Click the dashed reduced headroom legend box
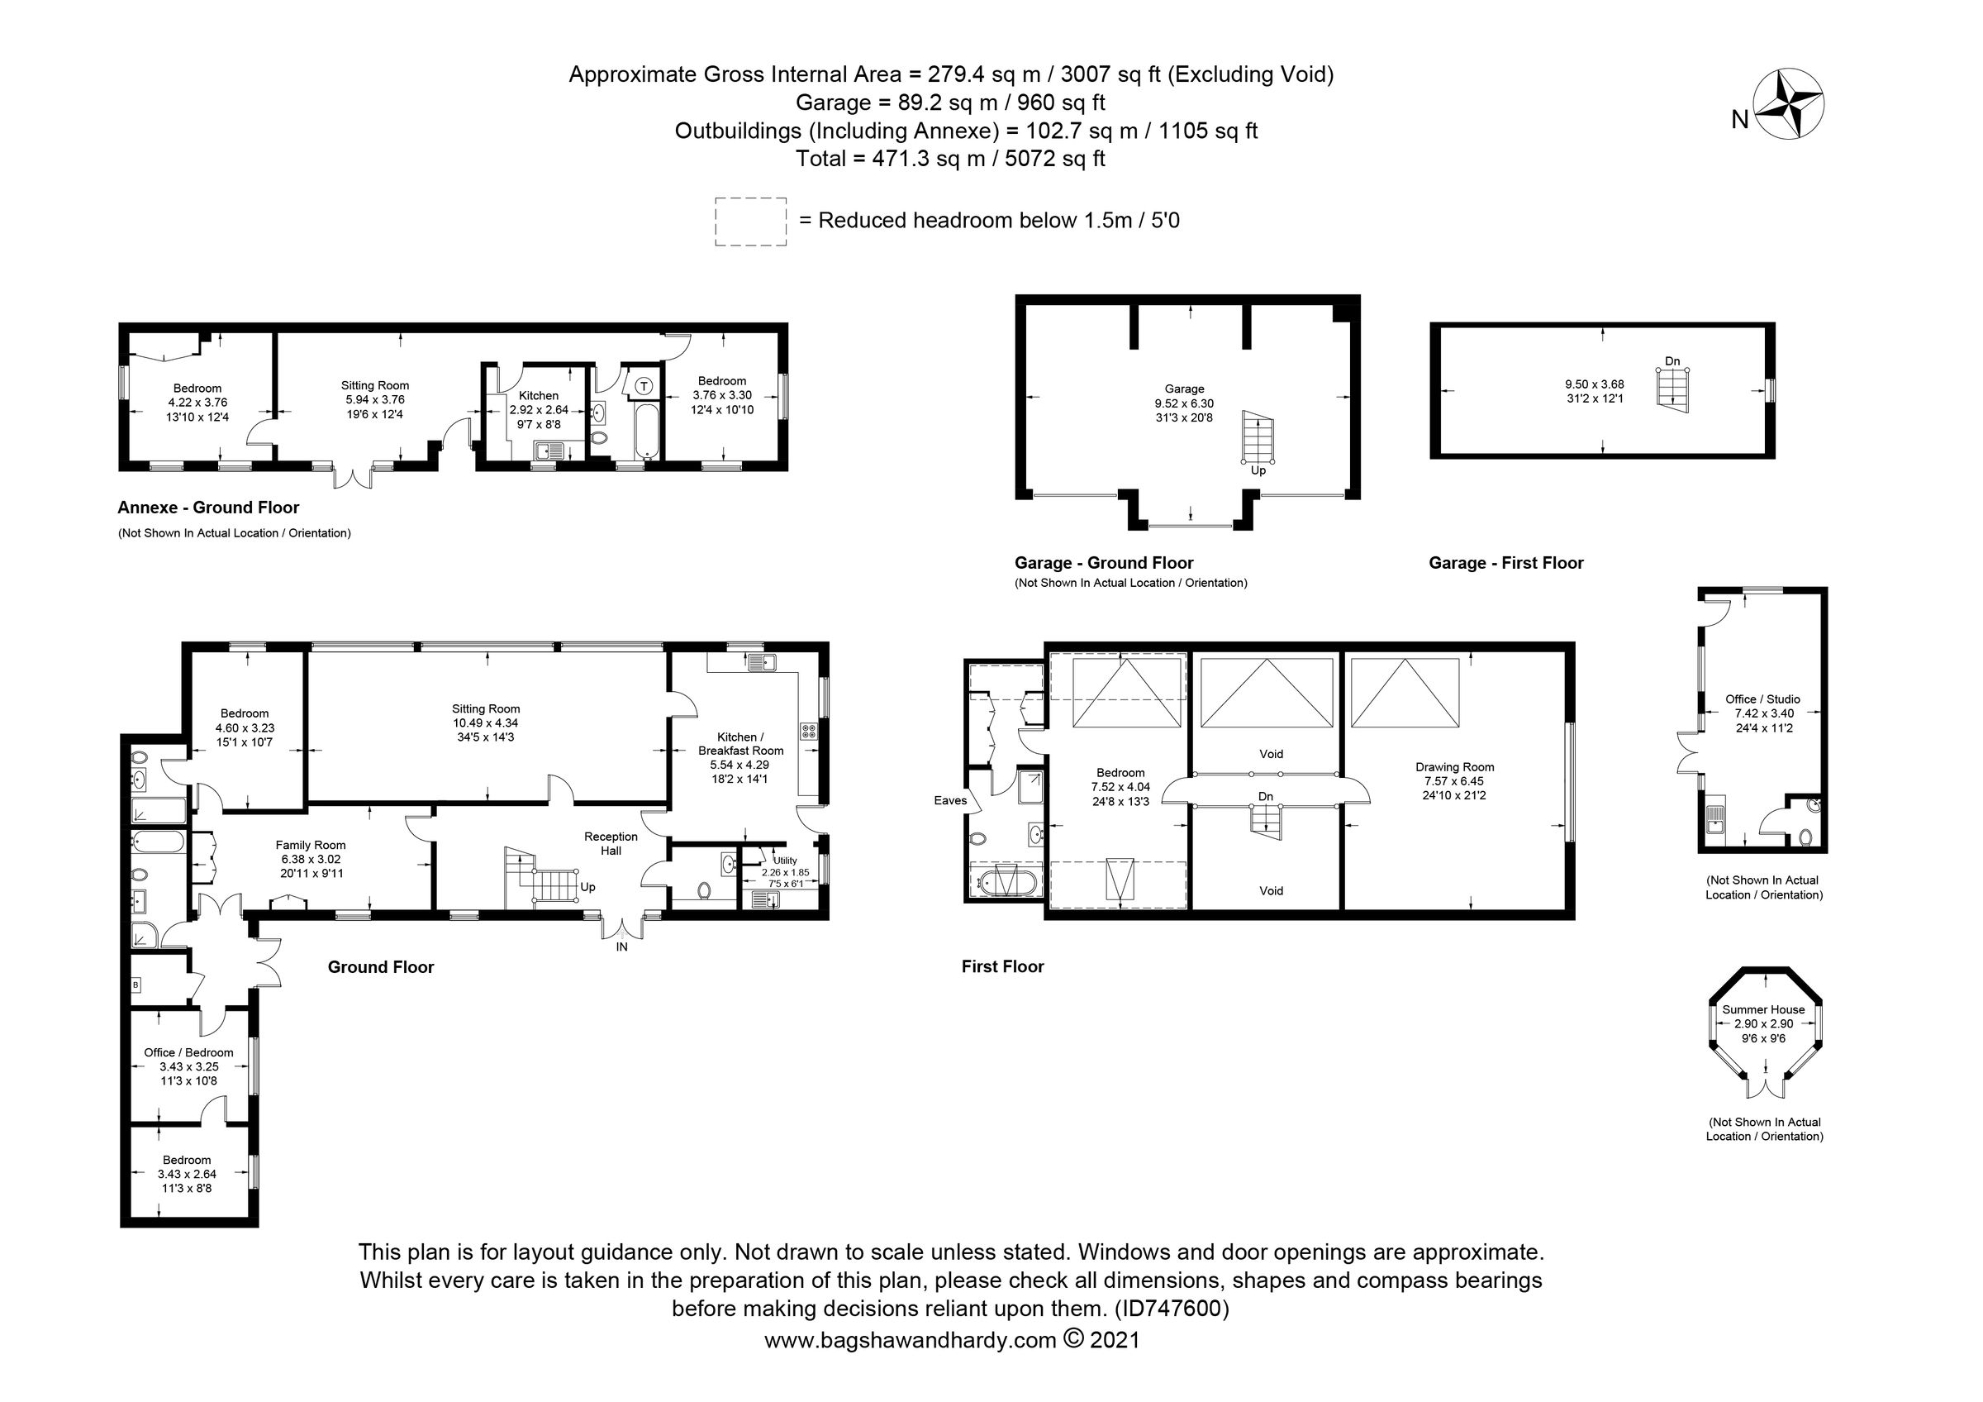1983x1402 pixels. pos(749,222)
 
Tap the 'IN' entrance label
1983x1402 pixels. pos(621,947)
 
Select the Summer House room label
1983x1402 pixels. pos(1762,1009)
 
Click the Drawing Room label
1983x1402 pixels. pos(1454,767)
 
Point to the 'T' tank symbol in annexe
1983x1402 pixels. pos(644,385)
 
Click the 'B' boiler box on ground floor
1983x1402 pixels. pos(136,984)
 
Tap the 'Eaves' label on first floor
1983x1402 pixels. pos(950,801)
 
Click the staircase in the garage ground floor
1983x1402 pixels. pos(1257,437)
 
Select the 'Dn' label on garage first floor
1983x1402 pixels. pos(1672,361)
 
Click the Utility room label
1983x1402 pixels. pos(784,861)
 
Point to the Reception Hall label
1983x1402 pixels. pos(611,843)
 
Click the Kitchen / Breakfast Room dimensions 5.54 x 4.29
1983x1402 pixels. pos(739,765)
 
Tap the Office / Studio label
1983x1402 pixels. pos(1762,699)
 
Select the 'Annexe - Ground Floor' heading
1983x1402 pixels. pos(208,507)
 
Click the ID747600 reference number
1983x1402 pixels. pos(1172,1308)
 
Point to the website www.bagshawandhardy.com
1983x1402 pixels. pos(910,1340)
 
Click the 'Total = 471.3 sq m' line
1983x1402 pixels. pos(950,159)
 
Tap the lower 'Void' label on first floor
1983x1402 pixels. pos(1271,890)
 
